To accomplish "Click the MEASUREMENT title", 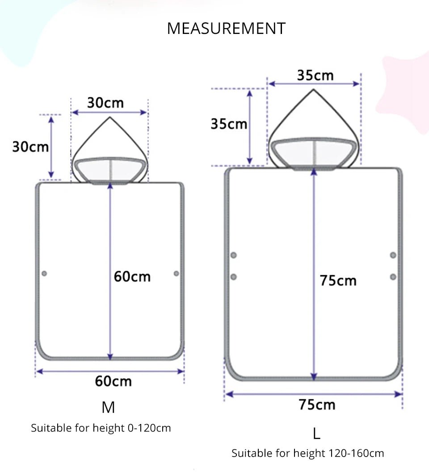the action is pos(226,29).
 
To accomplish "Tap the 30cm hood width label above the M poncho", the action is pos(105,103).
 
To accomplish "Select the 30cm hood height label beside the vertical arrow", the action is pos(30,147).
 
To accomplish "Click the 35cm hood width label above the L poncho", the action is pos(315,75).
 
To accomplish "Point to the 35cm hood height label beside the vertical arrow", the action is pos(229,124).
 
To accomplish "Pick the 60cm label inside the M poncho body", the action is pos(132,277).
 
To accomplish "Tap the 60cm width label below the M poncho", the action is pos(114,381).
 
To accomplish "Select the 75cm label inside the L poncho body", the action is pos(338,281).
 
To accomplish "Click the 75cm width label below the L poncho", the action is pos(317,405).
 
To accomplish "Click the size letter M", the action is pos(108,407).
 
